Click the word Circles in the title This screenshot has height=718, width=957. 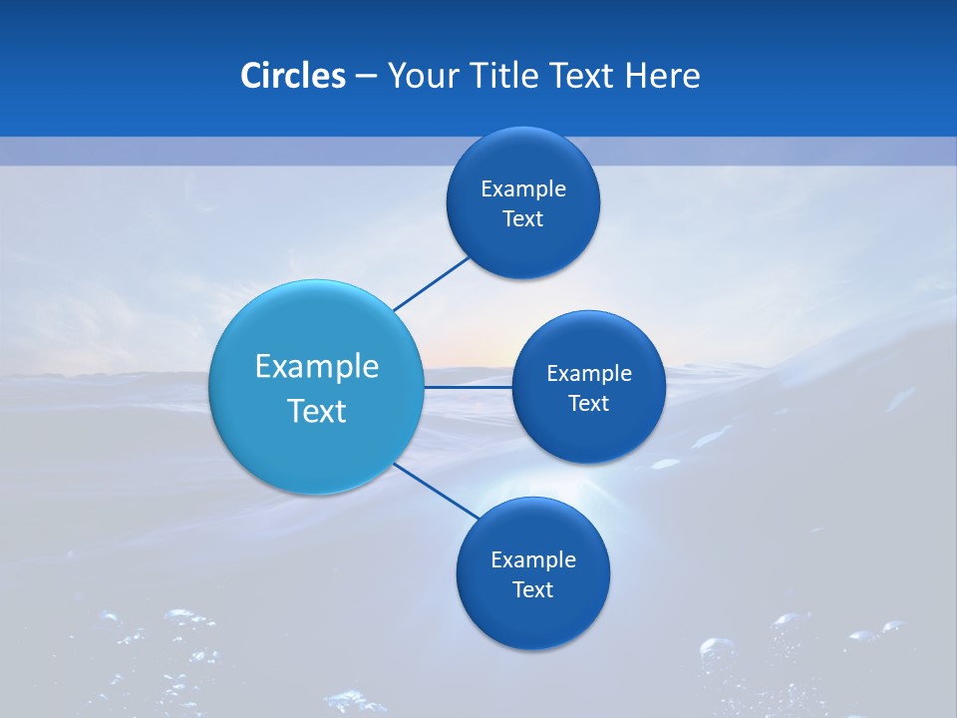[x=292, y=76]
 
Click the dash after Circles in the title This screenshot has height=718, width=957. [x=366, y=77]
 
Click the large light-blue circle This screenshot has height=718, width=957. [x=316, y=319]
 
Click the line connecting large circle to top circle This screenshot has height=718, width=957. [x=431, y=284]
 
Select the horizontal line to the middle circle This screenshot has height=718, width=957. [x=468, y=387]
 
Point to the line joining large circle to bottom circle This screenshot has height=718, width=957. [x=436, y=491]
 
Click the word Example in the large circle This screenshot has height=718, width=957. [x=317, y=367]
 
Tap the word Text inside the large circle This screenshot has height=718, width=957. [x=317, y=411]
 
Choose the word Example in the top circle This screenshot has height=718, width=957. [x=523, y=189]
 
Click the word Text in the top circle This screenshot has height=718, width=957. [x=523, y=219]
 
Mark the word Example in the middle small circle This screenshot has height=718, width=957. [x=589, y=374]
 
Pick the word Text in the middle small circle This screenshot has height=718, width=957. [x=589, y=404]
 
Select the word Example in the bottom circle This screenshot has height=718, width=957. [x=533, y=560]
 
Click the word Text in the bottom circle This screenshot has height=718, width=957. [x=533, y=590]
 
